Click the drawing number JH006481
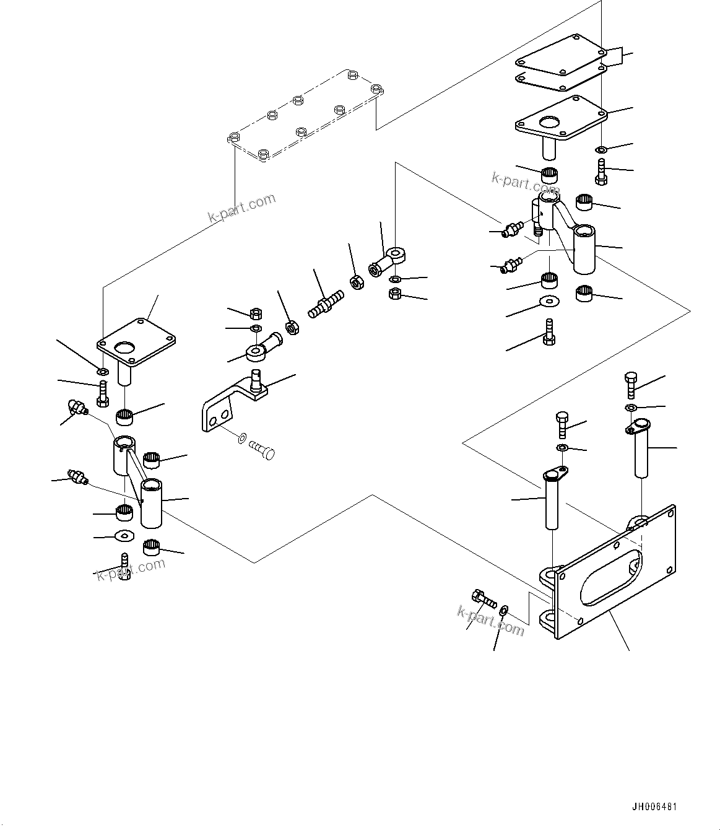point(654,807)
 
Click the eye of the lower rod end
point(255,354)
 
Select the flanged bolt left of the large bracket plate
point(483,599)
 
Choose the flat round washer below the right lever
point(548,302)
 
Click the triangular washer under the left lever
point(125,536)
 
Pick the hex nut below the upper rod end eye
point(395,294)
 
